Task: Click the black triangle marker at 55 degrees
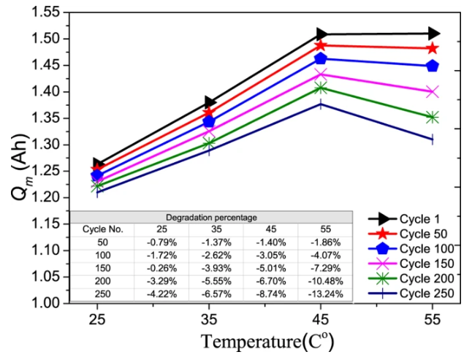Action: (433, 33)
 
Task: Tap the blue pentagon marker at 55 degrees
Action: (433, 66)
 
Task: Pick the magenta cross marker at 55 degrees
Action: (433, 91)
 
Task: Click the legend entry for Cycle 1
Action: (419, 218)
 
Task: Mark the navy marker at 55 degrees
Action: (433, 139)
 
